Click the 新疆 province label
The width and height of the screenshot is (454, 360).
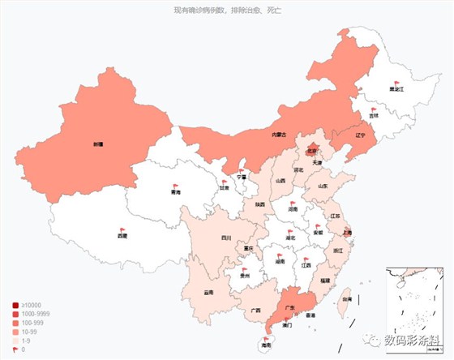98,144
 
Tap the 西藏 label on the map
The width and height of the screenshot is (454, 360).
122,236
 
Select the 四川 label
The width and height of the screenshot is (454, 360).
204,238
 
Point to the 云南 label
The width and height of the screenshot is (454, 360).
208,291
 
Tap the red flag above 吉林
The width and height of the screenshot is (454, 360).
373,109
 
